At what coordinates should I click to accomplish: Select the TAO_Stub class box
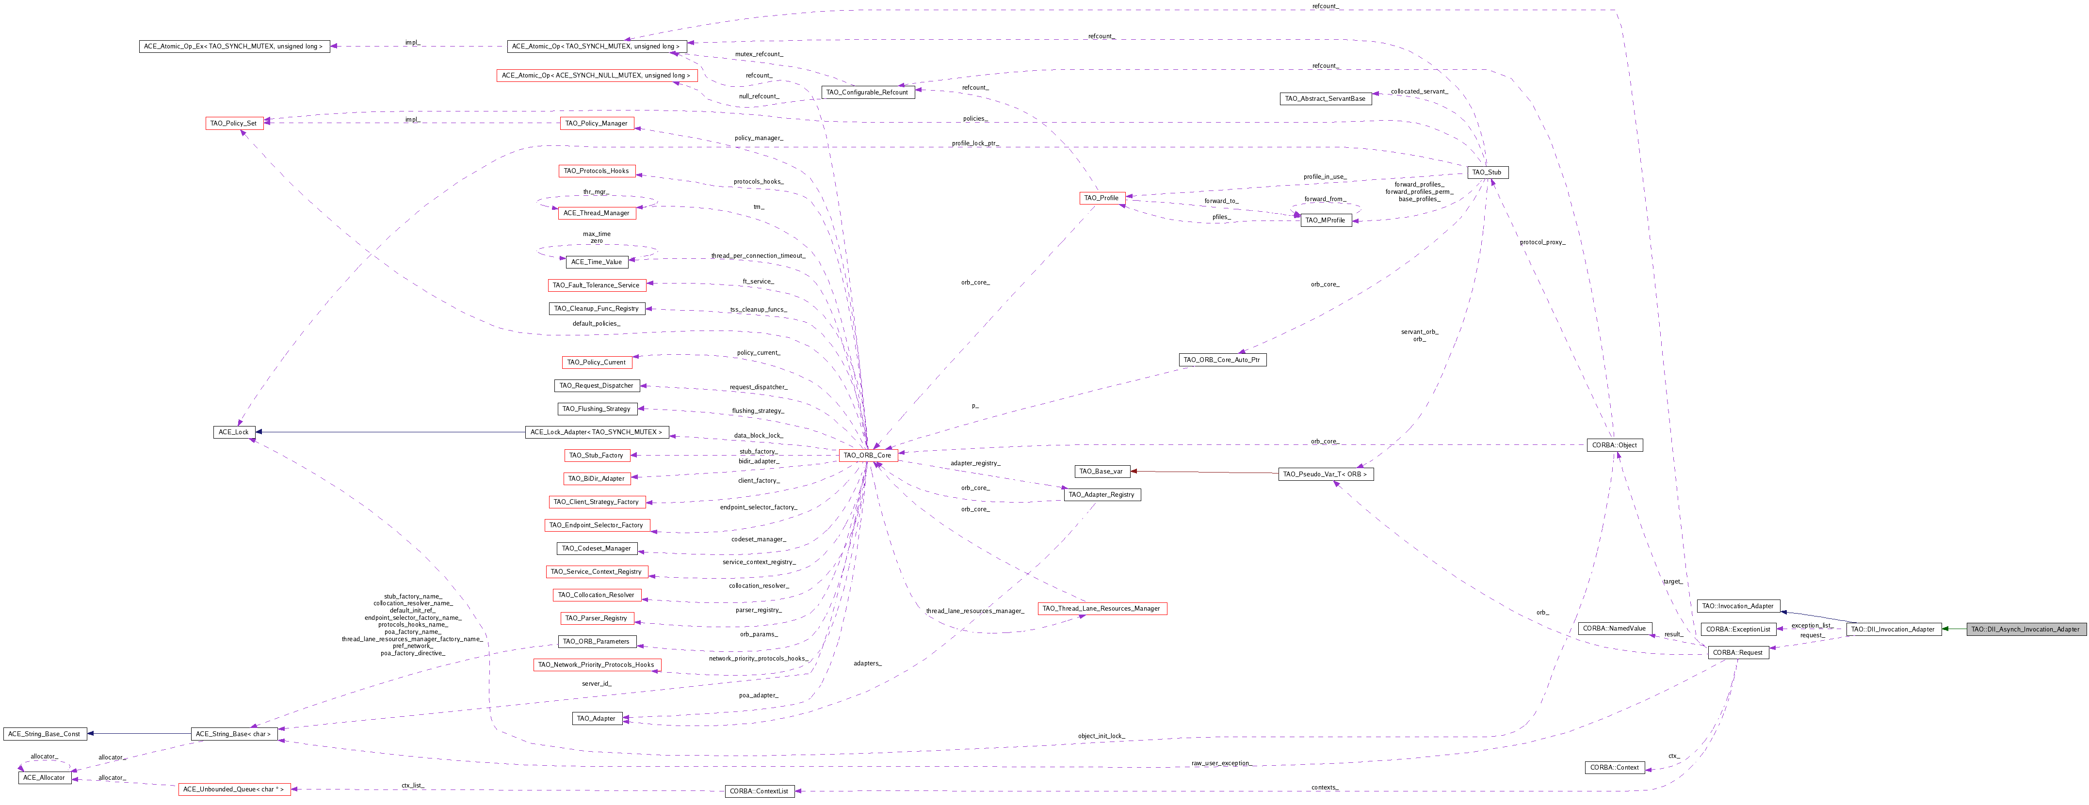click(x=1487, y=172)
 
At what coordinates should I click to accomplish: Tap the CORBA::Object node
click(x=1614, y=445)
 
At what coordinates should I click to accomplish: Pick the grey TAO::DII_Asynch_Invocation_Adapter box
click(x=2025, y=629)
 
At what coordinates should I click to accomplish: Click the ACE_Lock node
click(x=234, y=432)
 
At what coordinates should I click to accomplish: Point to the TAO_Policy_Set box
click(x=234, y=123)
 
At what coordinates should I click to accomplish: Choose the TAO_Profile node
click(x=1101, y=198)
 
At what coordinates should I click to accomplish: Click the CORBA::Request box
click(x=1737, y=653)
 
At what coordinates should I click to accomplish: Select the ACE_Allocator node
click(x=44, y=777)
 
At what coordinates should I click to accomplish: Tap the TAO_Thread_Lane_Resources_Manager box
click(x=1101, y=609)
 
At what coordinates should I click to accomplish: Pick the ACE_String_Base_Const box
click(x=44, y=734)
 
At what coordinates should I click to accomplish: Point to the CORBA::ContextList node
click(x=759, y=791)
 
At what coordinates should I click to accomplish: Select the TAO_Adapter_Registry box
click(x=1101, y=494)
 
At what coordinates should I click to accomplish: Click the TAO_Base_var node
click(x=1101, y=471)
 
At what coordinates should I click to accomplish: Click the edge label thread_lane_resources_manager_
click(x=975, y=611)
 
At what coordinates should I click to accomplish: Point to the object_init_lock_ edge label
click(x=1101, y=736)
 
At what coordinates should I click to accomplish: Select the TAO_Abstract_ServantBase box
click(x=1325, y=99)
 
